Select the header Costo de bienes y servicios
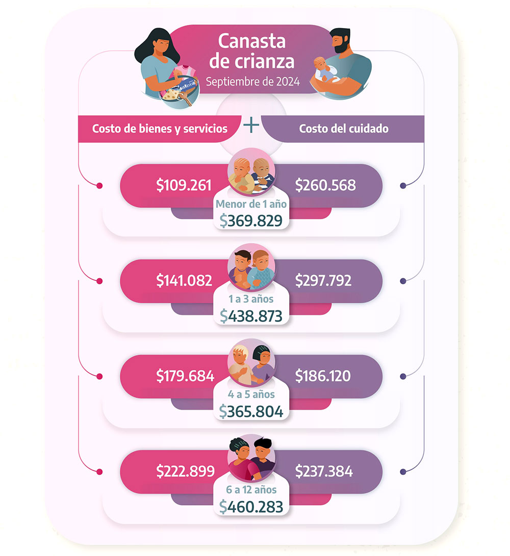[x=160, y=128]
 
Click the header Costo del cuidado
[x=344, y=128]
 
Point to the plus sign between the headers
[x=251, y=125]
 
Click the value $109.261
[x=184, y=185]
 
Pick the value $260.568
[x=325, y=185]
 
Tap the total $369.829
[x=251, y=220]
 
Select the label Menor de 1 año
[x=251, y=205]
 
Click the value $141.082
[x=184, y=280]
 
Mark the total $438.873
[x=251, y=316]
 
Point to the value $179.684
[x=185, y=376]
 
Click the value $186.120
[x=323, y=376]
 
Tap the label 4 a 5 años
[x=251, y=394]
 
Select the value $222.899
[x=185, y=472]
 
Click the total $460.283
[x=251, y=507]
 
